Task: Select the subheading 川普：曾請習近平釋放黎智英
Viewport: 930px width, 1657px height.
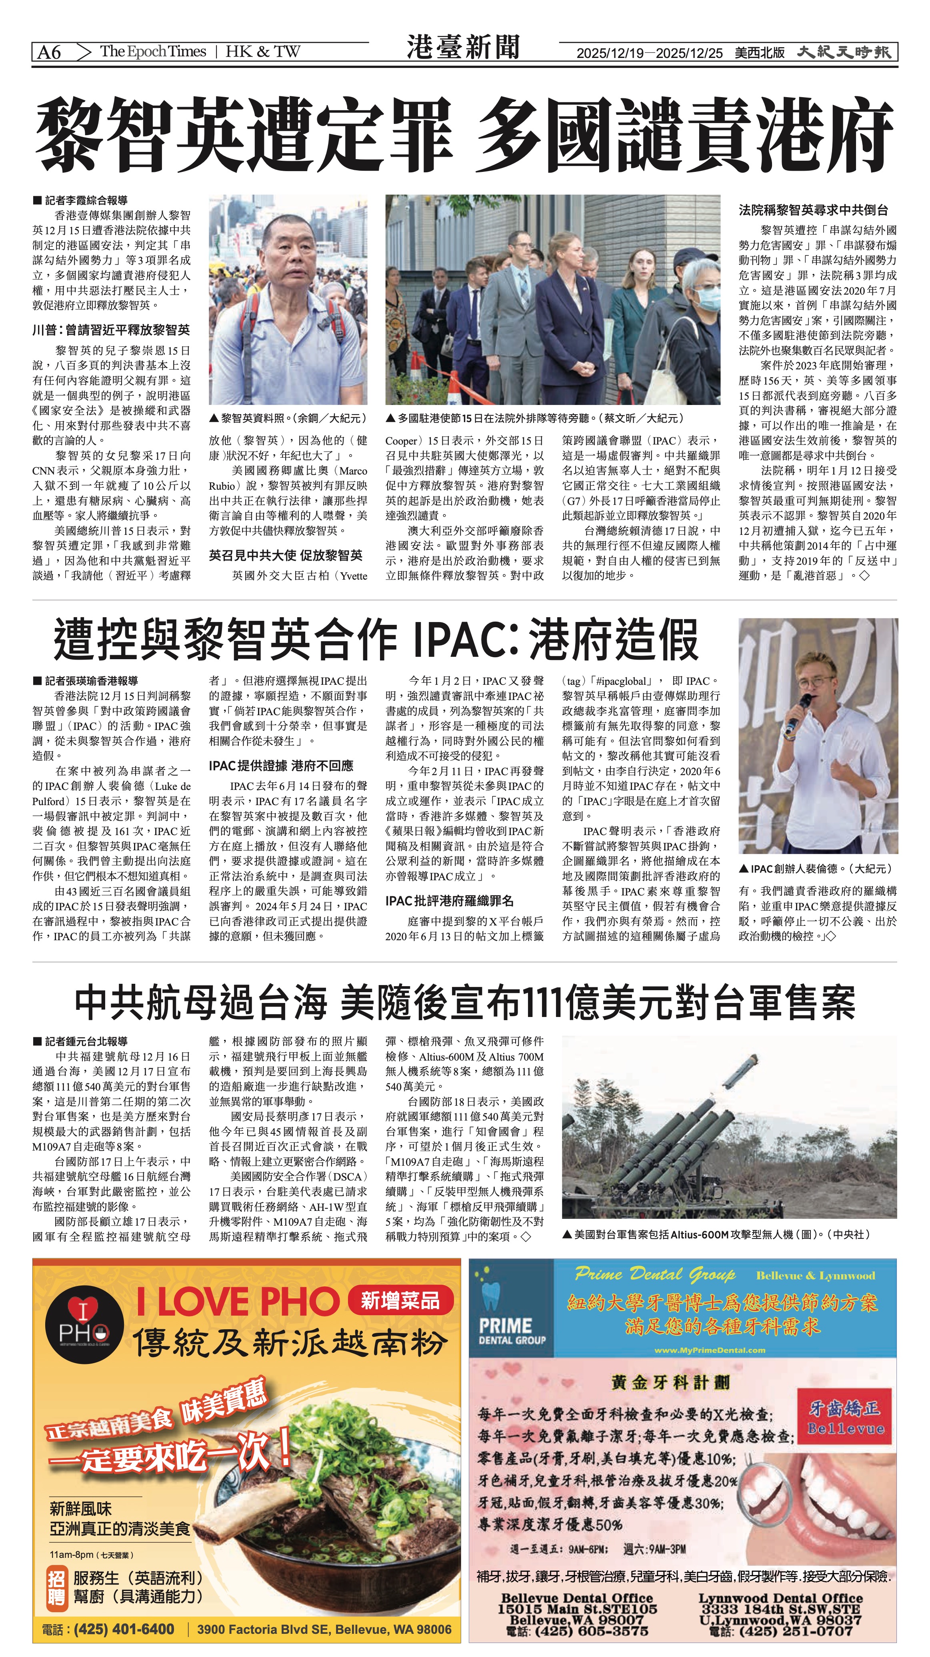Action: coord(111,330)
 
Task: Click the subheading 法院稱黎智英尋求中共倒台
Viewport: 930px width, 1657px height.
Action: coord(813,210)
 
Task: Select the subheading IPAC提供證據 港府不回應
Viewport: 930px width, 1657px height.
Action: coord(281,766)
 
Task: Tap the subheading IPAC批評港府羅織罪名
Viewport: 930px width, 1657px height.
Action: coord(449,901)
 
